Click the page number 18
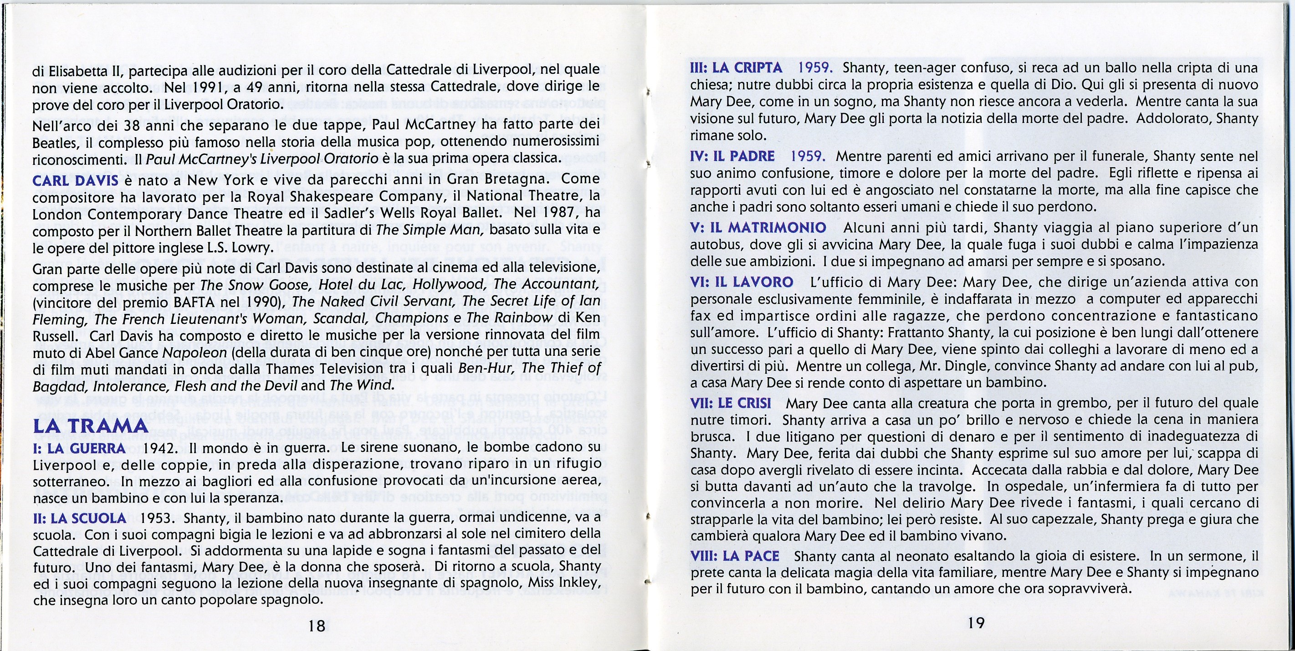pyautogui.click(x=317, y=625)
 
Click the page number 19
pyautogui.click(x=976, y=623)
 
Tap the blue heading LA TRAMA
pyautogui.click(x=91, y=425)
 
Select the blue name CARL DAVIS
pyautogui.click(x=76, y=180)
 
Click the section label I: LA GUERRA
pyautogui.click(x=79, y=448)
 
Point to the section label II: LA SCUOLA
pyautogui.click(x=79, y=518)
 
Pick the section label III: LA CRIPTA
pyautogui.click(x=736, y=68)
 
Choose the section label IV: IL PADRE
pyautogui.click(x=732, y=156)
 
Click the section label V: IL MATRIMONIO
pyautogui.click(x=758, y=228)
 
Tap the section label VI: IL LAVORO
pyautogui.click(x=742, y=282)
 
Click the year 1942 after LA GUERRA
pyautogui.click(x=160, y=448)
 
